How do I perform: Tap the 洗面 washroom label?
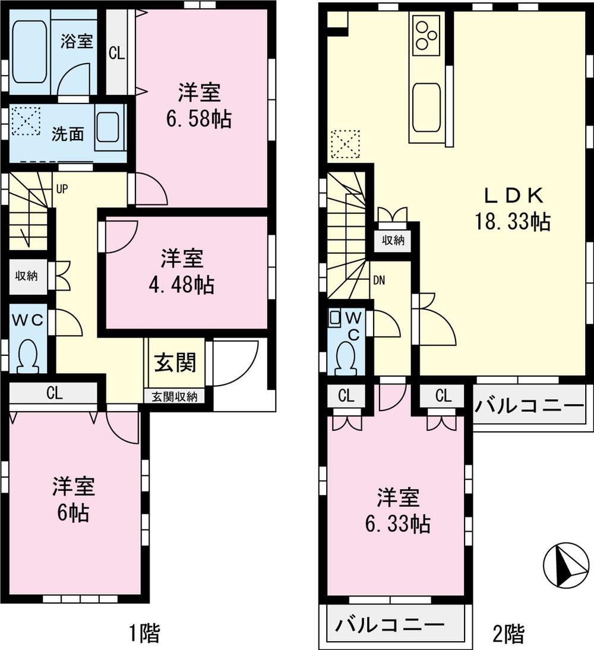[67, 134]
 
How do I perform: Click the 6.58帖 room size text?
[198, 119]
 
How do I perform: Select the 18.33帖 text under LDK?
[511, 222]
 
